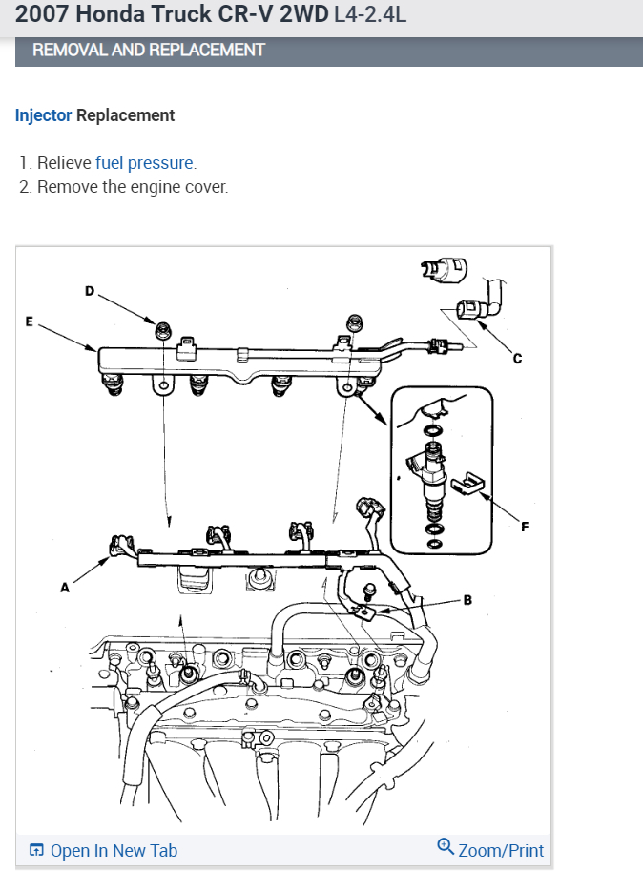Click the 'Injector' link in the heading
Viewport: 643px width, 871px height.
coord(43,115)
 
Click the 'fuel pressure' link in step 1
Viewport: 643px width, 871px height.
coord(145,162)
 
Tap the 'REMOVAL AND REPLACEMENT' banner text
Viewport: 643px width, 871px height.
coord(149,50)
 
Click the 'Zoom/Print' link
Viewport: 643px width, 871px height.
coord(500,850)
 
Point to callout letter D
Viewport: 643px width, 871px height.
coord(90,290)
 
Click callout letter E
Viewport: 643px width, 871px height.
coord(29,321)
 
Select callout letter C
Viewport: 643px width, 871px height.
coord(518,359)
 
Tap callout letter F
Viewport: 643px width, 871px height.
coord(524,526)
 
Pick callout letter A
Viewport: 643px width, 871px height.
coord(65,589)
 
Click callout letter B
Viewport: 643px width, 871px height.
coord(467,600)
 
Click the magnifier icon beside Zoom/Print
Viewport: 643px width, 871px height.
coord(445,846)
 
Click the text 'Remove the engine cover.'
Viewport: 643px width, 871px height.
coord(133,186)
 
